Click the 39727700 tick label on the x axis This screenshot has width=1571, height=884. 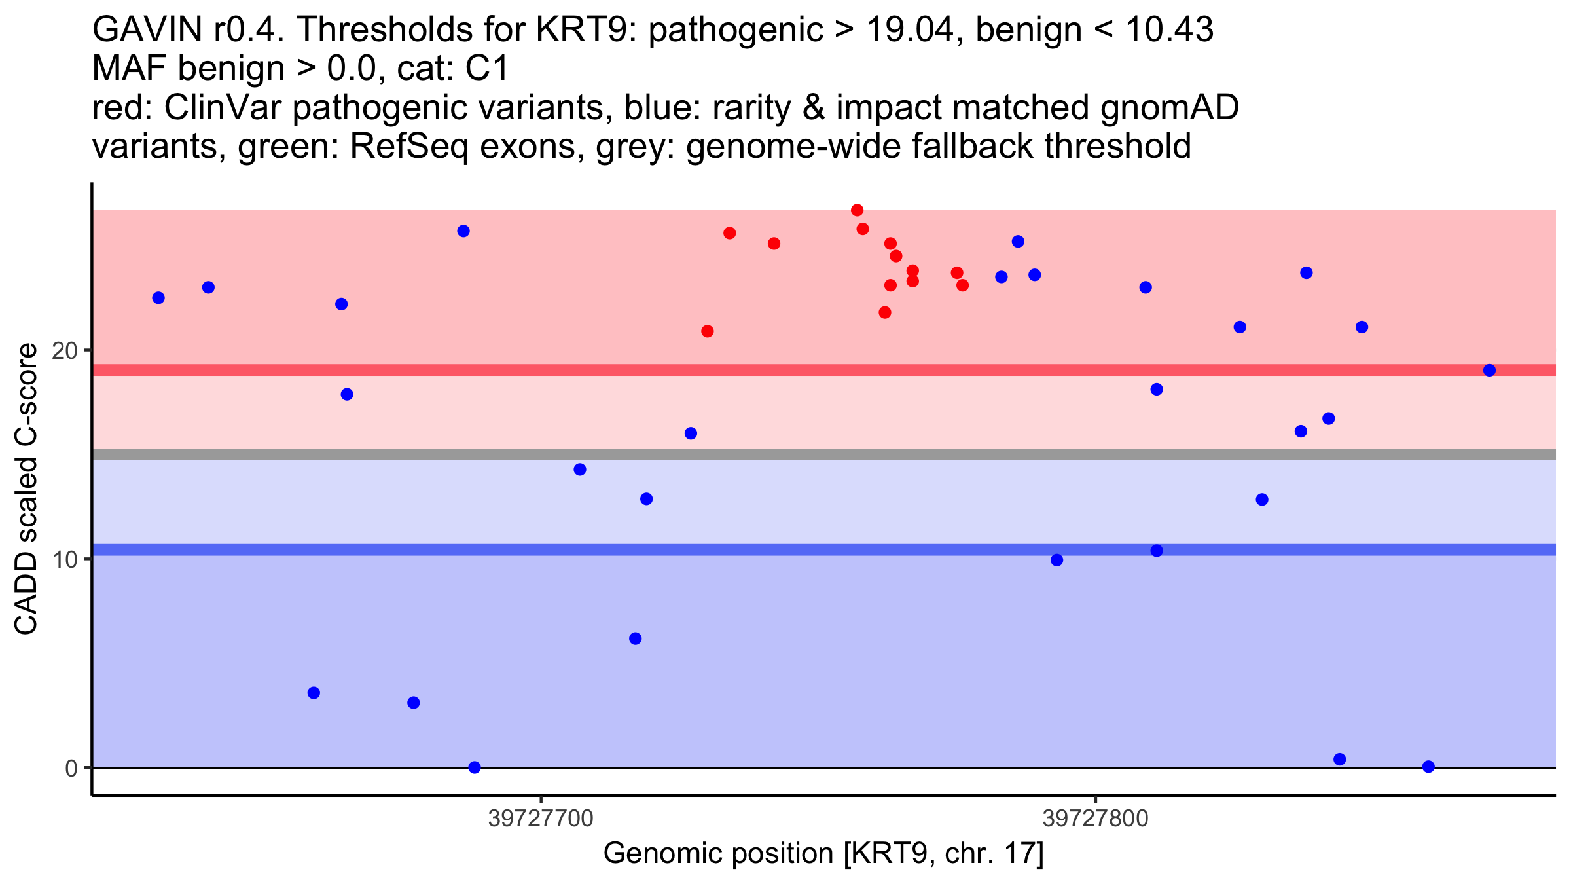(x=541, y=819)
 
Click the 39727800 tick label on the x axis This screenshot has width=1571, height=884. (x=1095, y=819)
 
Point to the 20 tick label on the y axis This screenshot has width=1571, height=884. (x=65, y=351)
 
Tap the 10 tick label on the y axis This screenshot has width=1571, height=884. (x=65, y=560)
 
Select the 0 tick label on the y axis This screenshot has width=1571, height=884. (x=71, y=768)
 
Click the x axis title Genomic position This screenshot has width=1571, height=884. (x=823, y=854)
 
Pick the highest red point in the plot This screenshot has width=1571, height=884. (x=857, y=210)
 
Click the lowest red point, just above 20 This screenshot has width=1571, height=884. (x=707, y=331)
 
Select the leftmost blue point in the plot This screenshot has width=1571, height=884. (x=158, y=298)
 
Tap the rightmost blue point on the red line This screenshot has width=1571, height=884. (x=1489, y=371)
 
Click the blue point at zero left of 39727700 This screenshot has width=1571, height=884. (x=475, y=767)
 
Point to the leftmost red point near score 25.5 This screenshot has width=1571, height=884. (x=729, y=233)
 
